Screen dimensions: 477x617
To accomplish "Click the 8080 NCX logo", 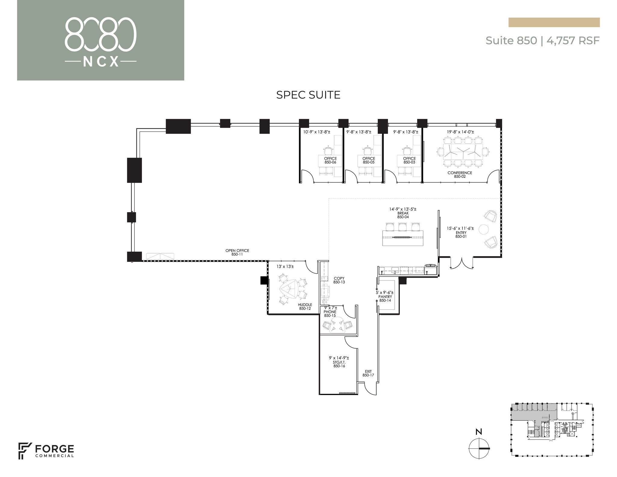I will click(x=100, y=42).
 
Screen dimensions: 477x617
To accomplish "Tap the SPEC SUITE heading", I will click(x=308, y=95).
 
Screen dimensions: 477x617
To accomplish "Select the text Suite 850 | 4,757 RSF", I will click(x=542, y=40).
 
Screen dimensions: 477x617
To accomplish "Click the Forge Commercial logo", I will click(x=46, y=451).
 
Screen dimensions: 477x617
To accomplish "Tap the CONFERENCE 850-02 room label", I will click(x=460, y=175).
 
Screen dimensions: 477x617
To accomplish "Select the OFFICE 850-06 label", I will click(x=330, y=160).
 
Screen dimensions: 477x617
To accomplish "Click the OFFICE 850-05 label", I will click(x=368, y=160).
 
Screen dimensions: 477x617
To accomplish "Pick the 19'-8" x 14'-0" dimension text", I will click(x=460, y=132).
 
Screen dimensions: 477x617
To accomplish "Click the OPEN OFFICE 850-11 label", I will click(x=237, y=253).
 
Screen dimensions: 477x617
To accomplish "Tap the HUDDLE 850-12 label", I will click(x=305, y=306).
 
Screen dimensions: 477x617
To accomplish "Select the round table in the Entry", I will click(x=484, y=229).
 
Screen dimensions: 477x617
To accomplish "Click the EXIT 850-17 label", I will click(x=368, y=373).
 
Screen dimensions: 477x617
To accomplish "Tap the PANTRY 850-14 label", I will click(x=385, y=299).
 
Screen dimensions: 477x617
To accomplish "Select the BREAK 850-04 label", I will click(x=403, y=215).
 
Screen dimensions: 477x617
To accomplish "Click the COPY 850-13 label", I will click(x=339, y=280).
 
